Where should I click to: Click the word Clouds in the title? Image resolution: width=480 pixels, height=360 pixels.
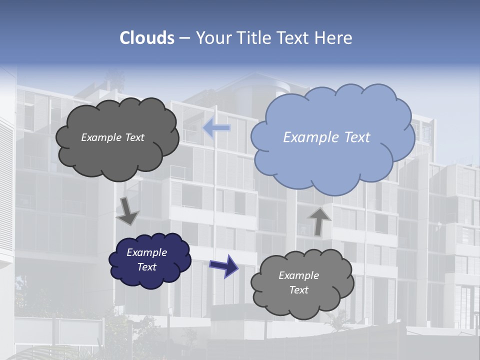click(147, 38)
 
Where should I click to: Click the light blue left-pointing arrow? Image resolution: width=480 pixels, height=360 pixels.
click(216, 128)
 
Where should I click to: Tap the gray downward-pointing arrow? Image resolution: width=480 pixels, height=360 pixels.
click(128, 210)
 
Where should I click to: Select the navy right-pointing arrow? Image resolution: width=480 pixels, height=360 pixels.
click(224, 265)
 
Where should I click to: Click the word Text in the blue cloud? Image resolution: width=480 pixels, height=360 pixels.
click(357, 137)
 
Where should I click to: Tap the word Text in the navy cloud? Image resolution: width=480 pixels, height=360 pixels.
click(147, 267)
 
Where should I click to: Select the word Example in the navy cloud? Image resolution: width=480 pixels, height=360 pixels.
click(147, 252)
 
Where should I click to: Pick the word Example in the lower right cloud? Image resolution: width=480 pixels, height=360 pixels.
click(298, 275)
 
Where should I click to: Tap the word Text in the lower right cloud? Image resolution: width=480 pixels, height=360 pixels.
click(298, 290)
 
